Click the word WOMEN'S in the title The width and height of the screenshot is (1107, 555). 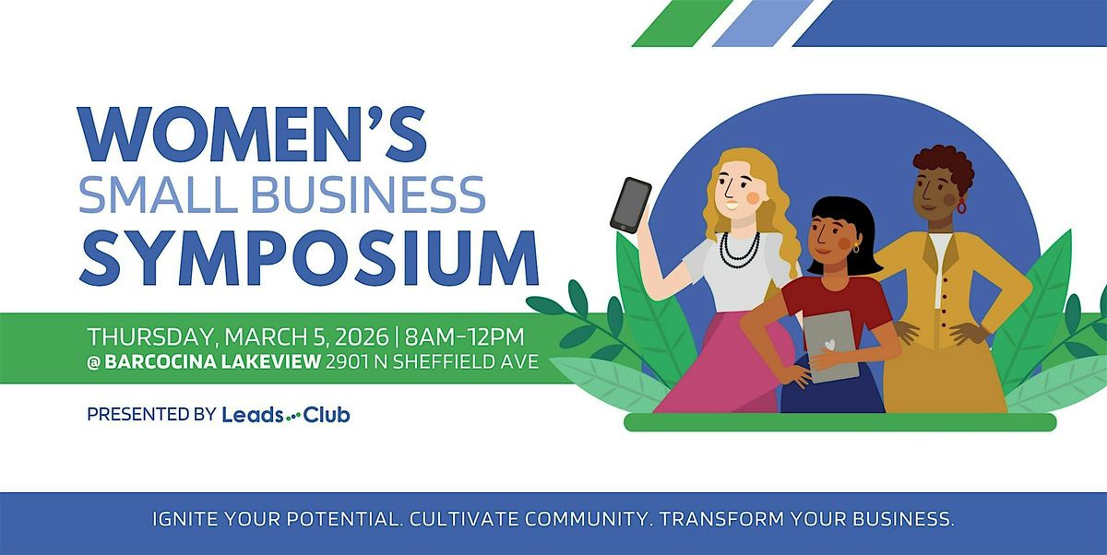point(254,136)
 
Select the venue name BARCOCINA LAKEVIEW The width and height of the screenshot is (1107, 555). point(212,362)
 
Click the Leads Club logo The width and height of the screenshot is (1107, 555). point(286,415)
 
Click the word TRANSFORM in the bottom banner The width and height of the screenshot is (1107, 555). point(725,520)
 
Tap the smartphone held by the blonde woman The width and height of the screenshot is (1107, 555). point(630,204)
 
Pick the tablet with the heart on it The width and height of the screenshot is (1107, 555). point(832,346)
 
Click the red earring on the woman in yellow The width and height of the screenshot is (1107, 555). point(962,207)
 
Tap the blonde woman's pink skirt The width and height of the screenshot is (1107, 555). point(729,360)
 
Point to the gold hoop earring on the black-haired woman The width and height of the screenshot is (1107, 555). point(855,248)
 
